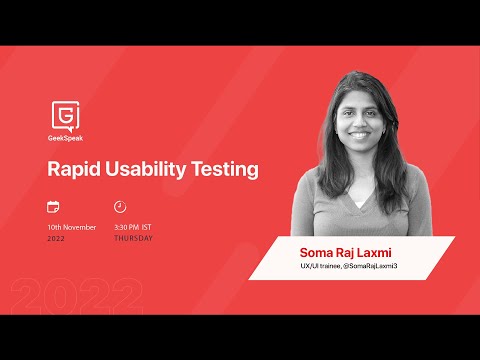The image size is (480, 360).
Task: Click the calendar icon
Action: (x=53, y=207)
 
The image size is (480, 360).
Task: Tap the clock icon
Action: (x=120, y=207)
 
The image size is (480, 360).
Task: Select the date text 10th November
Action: (x=72, y=227)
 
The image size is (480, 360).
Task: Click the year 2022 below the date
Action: (x=57, y=238)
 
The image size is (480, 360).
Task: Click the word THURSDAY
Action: (x=133, y=238)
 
